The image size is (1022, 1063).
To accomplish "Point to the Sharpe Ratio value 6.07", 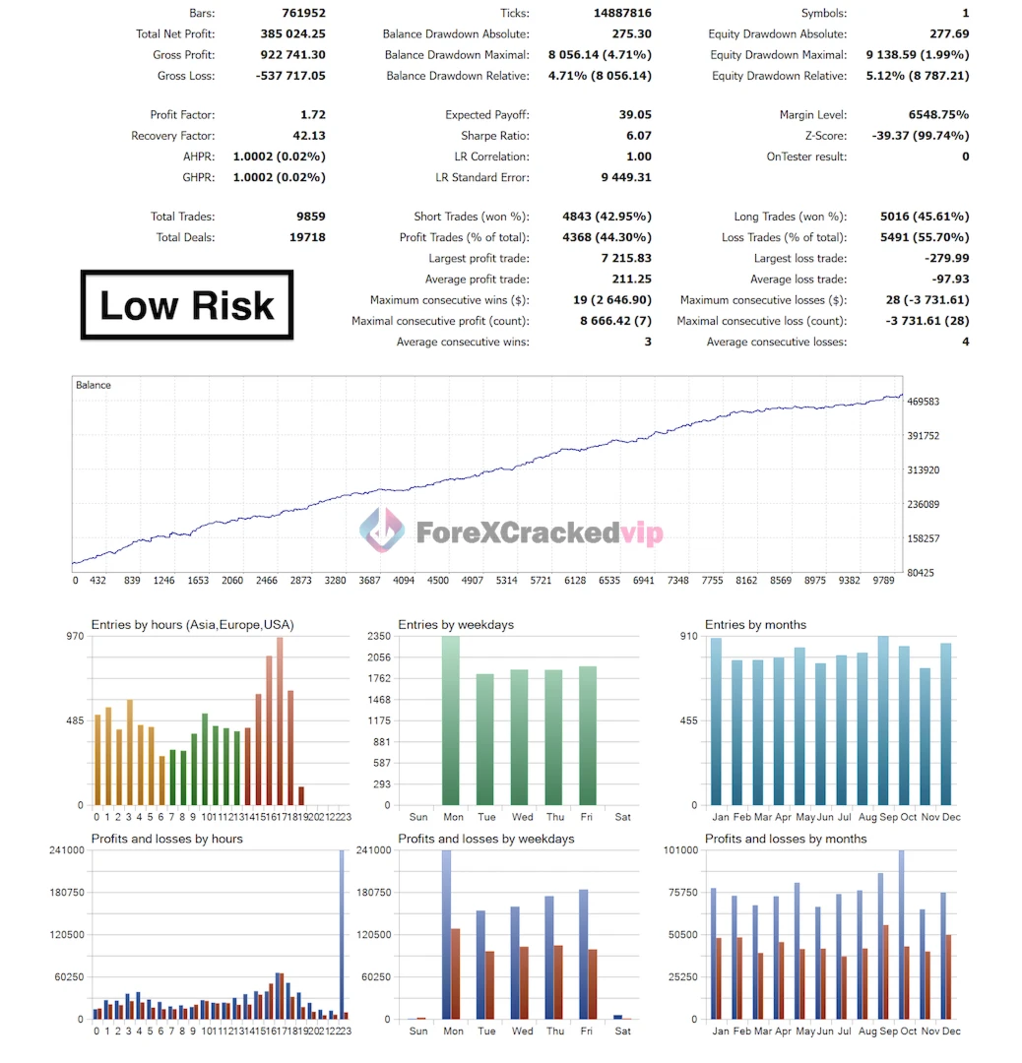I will (x=638, y=136).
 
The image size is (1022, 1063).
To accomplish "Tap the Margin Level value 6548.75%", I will (x=933, y=115).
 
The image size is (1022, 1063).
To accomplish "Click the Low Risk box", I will (x=187, y=305).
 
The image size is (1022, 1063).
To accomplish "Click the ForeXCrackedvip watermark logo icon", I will (x=382, y=531).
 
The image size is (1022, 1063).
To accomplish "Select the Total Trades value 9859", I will (x=308, y=217).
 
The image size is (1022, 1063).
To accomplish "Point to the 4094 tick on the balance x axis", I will (x=403, y=581).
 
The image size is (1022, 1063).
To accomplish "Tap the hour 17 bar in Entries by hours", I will (x=280, y=721).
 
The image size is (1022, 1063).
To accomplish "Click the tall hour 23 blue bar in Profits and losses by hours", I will (x=342, y=935).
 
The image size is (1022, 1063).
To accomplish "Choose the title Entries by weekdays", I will (x=456, y=625).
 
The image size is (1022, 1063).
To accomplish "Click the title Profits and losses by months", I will (x=786, y=839).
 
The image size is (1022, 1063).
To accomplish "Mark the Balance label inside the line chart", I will (x=94, y=385).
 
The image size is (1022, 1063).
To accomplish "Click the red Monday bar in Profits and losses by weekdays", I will (x=456, y=973).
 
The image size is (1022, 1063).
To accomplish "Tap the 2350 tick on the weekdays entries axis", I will (x=380, y=637).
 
